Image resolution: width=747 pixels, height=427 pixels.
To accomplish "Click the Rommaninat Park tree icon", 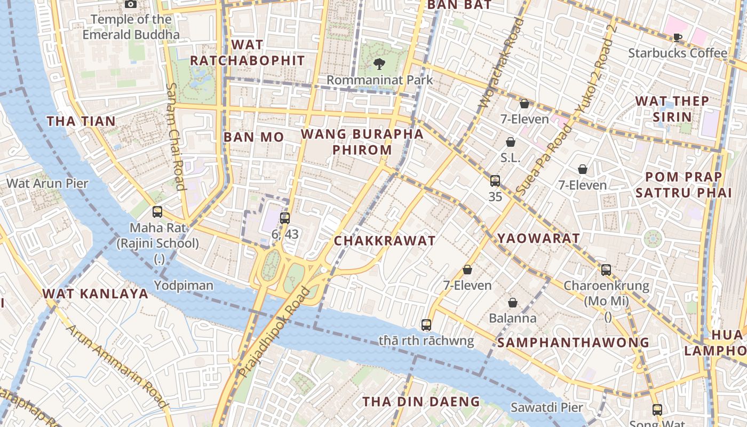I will point(379,64).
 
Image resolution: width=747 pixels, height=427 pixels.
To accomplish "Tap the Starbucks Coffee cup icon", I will point(677,37).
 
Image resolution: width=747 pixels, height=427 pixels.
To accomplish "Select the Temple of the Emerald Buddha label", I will point(131,27).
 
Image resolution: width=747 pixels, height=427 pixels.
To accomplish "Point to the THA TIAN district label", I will point(81,121).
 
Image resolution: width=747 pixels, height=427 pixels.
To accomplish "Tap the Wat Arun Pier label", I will point(47,184).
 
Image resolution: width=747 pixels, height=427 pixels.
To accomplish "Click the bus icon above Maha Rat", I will point(157,212).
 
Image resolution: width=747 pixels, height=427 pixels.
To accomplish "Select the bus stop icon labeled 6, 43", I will point(285,218).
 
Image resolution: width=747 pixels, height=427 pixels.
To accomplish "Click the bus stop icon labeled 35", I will point(495,181).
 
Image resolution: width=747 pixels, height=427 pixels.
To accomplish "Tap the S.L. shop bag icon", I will point(511,142).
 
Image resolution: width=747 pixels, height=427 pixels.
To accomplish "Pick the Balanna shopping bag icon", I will point(513,303).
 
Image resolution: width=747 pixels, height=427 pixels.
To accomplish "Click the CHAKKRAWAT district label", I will point(385,241).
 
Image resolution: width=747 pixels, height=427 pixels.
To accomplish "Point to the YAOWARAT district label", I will point(538,239).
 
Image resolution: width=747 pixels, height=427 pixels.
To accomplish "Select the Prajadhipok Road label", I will point(274,332).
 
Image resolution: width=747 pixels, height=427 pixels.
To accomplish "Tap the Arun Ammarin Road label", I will point(117,366).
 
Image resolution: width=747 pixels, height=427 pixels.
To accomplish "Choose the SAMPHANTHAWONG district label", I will point(573,343).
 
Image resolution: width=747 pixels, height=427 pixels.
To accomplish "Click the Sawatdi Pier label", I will point(547,408).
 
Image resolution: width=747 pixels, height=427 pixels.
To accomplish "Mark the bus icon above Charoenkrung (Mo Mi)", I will point(606,270).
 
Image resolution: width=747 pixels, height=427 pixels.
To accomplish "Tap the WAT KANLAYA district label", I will point(95,294).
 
